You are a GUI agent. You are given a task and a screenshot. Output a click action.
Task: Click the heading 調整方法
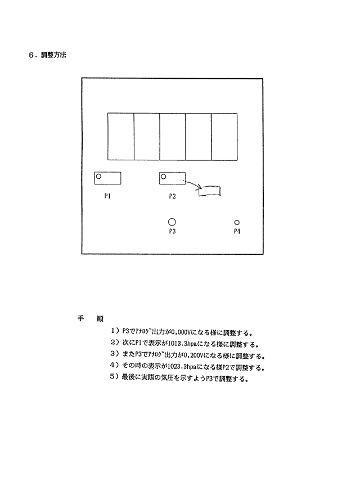pos(53,55)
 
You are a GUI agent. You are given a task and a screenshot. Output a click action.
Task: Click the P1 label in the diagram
pos(107,196)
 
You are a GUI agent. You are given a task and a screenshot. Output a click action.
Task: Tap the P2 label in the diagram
pos(172,196)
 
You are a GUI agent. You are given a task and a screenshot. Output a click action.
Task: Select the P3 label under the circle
pos(172,231)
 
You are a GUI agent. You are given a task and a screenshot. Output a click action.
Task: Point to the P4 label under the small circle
pos(237,231)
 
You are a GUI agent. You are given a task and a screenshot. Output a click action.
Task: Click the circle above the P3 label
pos(172,218)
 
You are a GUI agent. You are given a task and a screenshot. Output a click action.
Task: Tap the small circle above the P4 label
pos(237,220)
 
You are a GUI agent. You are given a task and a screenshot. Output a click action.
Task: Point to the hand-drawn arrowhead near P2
pos(200,187)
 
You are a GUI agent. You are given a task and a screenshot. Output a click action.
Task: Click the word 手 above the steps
pos(81,318)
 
